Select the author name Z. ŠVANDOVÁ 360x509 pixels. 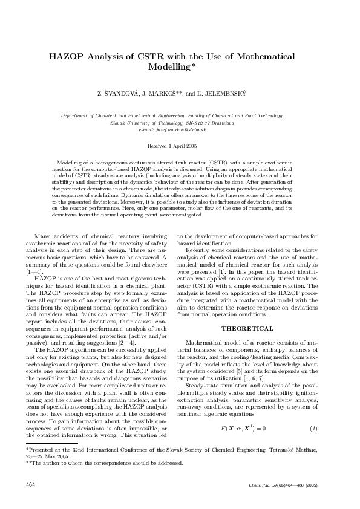(120, 95)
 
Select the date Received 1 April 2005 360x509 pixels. (180, 146)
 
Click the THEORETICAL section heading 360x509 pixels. (247, 328)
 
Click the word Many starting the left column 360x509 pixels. (43, 236)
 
